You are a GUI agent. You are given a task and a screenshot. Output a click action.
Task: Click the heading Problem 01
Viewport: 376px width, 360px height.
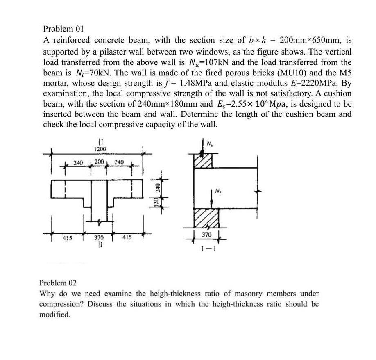[x=63, y=29]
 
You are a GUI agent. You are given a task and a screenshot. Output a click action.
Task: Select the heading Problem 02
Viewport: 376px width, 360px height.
[x=58, y=283]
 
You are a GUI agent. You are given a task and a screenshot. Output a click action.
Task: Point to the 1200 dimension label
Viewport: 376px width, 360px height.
[x=100, y=149]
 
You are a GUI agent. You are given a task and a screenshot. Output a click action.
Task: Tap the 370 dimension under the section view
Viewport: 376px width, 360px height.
[x=207, y=234]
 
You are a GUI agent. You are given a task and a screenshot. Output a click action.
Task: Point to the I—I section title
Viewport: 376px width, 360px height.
[x=206, y=248]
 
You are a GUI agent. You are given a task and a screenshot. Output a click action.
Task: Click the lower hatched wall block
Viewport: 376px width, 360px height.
[x=206, y=217]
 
